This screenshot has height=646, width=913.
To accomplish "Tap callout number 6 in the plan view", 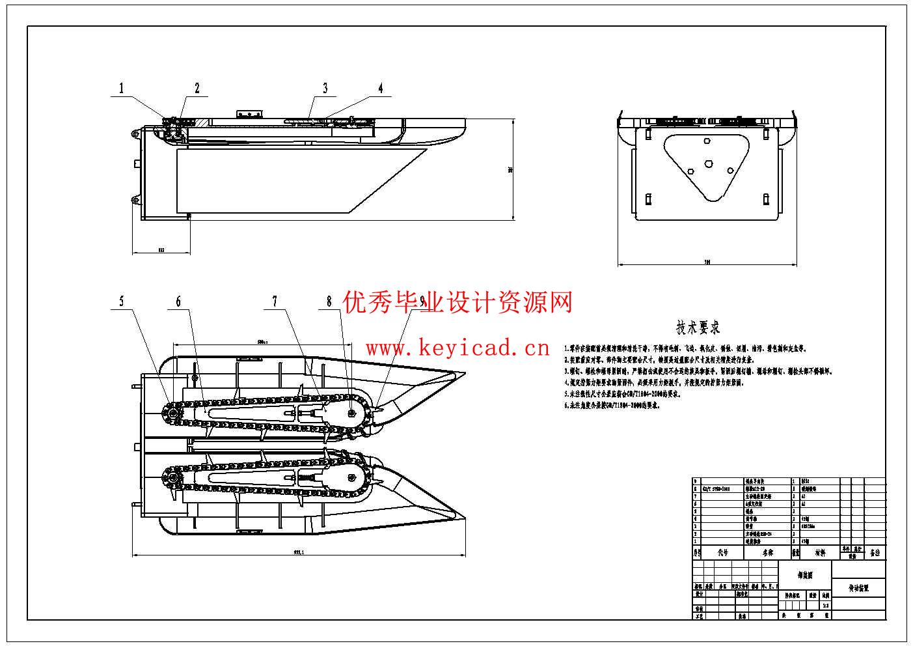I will point(178,302).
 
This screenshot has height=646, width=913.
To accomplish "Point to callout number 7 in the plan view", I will point(275,302).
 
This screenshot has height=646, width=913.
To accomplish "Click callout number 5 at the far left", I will point(121,302).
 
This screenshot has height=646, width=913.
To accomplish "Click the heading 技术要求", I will point(698,328).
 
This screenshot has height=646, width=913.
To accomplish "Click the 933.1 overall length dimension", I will point(299,552).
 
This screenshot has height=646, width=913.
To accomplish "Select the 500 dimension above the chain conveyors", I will point(263,341).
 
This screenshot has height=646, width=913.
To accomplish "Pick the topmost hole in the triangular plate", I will point(706,141).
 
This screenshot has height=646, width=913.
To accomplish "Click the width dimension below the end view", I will point(707,262).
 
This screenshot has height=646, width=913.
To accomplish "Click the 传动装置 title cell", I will point(858,588).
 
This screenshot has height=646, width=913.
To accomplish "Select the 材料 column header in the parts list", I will point(820,553).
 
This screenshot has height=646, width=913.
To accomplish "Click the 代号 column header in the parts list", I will point(723,553).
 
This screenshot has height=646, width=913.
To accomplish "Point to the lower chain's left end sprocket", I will point(172,480).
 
